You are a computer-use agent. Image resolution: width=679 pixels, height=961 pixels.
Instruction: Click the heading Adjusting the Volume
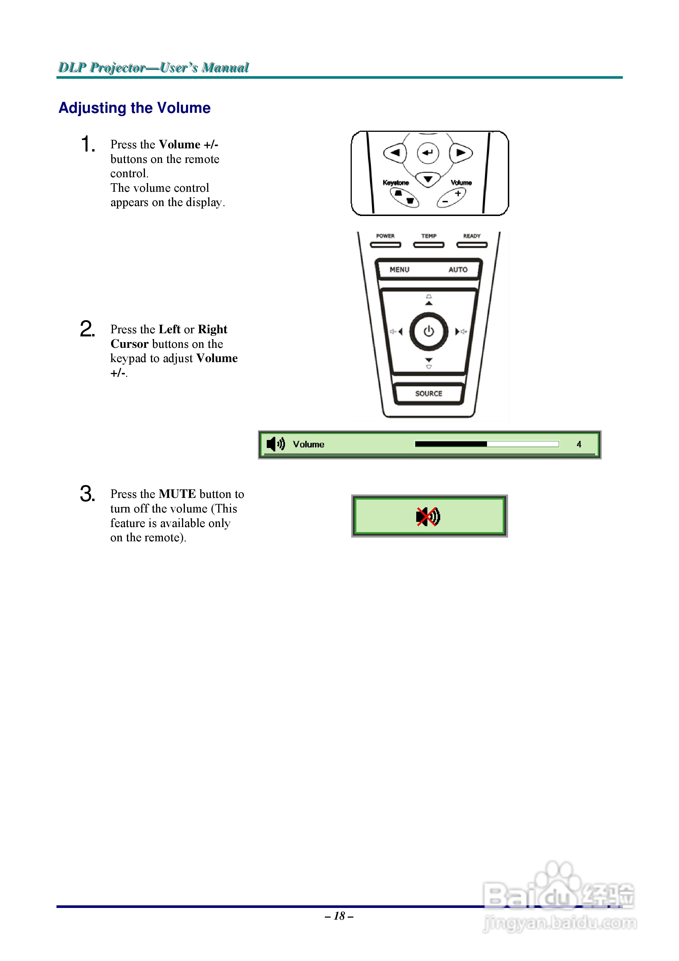click(x=134, y=108)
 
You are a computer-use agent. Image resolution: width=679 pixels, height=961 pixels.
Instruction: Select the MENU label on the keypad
click(x=399, y=270)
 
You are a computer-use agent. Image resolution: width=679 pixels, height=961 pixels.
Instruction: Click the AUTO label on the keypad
click(x=458, y=270)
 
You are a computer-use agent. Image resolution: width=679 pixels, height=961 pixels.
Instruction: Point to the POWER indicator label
click(x=385, y=236)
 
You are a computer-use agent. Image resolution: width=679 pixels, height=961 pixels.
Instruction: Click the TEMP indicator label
click(x=429, y=236)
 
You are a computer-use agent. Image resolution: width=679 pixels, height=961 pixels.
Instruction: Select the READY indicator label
click(x=472, y=236)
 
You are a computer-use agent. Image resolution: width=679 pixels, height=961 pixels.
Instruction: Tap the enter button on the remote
click(x=428, y=153)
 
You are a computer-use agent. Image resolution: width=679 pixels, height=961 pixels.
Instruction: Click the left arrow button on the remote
click(x=395, y=153)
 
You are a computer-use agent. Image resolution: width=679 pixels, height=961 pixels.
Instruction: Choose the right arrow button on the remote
click(x=461, y=153)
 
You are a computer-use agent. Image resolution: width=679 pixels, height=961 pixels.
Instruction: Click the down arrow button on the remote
click(x=428, y=179)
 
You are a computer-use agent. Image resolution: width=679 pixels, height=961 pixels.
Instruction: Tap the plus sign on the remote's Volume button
click(x=458, y=193)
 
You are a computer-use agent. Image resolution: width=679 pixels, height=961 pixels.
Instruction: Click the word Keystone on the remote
click(x=396, y=183)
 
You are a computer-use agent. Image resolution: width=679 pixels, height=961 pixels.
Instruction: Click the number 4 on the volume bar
click(x=579, y=445)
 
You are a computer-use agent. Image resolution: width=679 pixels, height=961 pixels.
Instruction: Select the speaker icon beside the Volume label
click(x=275, y=444)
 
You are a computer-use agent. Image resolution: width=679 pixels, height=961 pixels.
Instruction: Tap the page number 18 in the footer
click(x=339, y=916)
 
